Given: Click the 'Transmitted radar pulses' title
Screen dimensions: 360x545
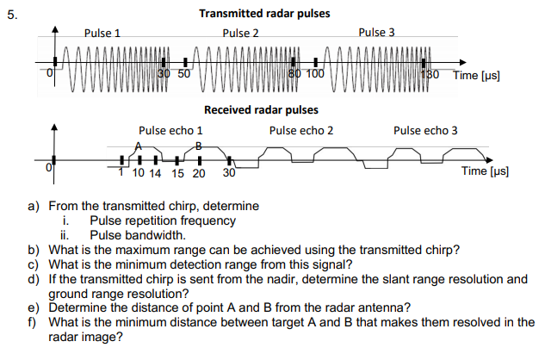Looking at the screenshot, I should click(x=263, y=14).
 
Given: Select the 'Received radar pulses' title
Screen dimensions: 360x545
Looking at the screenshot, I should click(x=261, y=109).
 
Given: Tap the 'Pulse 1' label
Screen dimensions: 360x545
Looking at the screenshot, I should click(x=102, y=34).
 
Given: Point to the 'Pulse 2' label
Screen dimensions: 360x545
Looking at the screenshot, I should click(x=240, y=34).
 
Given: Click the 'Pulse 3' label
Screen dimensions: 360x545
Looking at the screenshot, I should click(x=376, y=33).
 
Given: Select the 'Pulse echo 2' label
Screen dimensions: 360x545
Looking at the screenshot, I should click(x=300, y=131).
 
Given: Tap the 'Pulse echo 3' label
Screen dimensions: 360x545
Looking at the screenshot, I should click(x=425, y=131).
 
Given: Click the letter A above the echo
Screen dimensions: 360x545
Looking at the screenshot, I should click(x=138, y=145).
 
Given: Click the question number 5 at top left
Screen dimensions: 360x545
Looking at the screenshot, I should click(x=9, y=14).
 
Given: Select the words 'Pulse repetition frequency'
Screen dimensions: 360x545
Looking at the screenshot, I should click(x=163, y=220).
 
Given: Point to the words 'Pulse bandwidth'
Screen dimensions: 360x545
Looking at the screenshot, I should click(x=137, y=234).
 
